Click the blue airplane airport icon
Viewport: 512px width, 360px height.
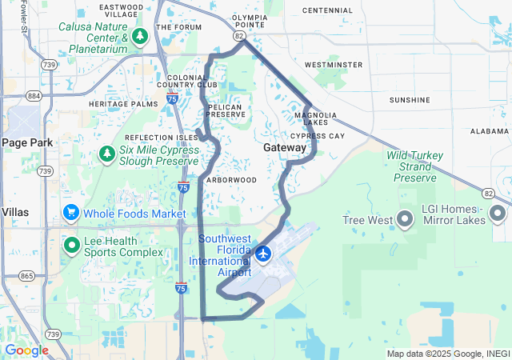tap(263, 254)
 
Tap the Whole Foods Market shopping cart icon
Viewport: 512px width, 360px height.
tap(71, 214)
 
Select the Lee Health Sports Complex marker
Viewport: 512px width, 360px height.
tap(71, 245)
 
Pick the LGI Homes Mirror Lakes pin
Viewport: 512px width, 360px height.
tap(498, 214)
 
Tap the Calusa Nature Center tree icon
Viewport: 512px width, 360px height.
tap(140, 37)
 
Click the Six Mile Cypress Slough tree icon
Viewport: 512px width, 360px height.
tap(106, 153)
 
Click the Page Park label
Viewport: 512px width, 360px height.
tap(26, 142)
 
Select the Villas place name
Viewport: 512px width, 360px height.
tap(15, 212)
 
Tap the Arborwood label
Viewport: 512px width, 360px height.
tap(231, 180)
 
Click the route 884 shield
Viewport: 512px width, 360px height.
tap(34, 96)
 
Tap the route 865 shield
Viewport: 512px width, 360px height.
tap(27, 276)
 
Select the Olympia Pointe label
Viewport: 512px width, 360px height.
tap(248, 20)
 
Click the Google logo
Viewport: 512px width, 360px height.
tap(26, 350)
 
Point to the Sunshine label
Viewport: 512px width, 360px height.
tap(410, 100)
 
